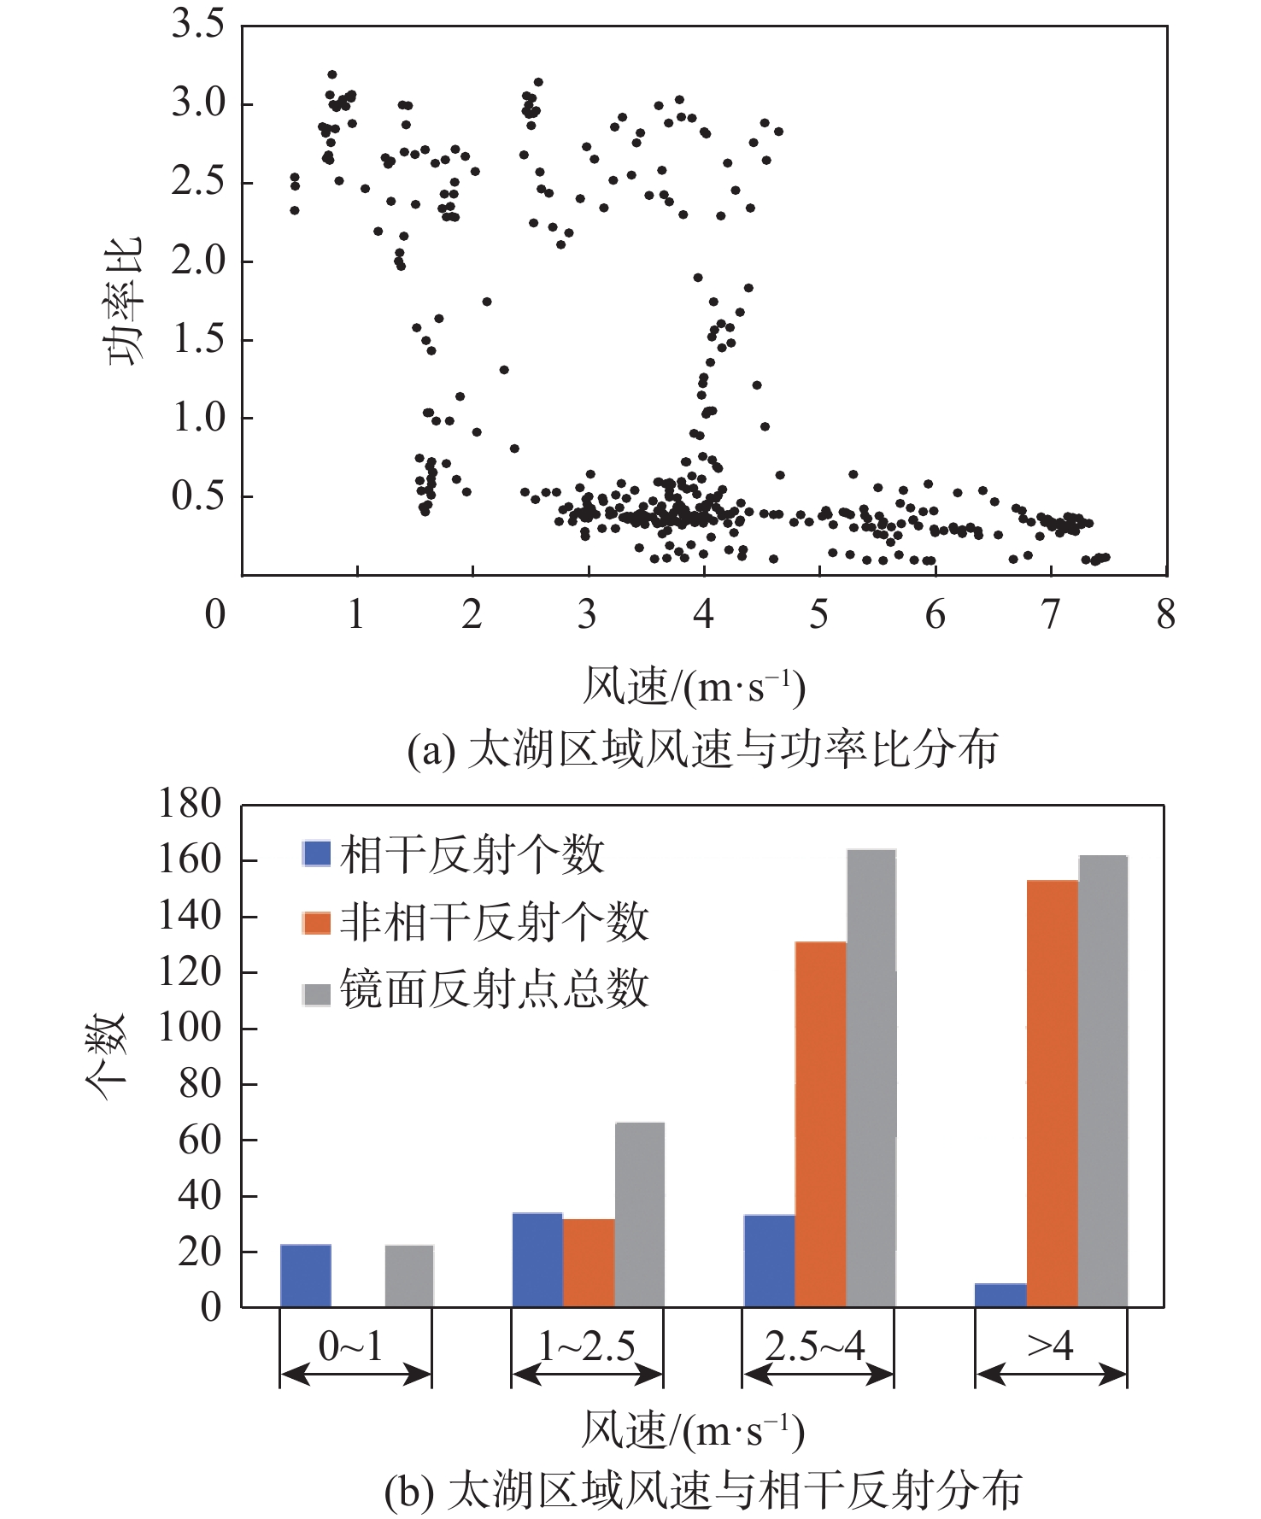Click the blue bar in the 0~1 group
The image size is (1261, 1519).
(305, 1276)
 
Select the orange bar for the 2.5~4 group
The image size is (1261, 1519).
(820, 1124)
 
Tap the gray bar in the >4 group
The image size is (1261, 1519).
(1103, 1081)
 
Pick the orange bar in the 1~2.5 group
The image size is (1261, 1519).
(589, 1263)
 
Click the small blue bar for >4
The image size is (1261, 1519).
(1000, 1295)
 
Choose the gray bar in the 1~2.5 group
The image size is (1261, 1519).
(639, 1215)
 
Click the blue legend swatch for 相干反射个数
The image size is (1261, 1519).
(317, 853)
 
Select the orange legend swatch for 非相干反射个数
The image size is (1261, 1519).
(317, 923)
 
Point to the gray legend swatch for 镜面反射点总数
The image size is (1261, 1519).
(317, 994)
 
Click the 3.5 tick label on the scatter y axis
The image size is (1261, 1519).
(197, 24)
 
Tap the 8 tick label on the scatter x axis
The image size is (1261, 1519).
(1165, 614)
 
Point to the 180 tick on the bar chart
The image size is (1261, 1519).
(190, 804)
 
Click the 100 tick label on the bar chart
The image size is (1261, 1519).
(190, 1028)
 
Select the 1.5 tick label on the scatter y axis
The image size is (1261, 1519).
(197, 339)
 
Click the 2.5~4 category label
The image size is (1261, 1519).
(816, 1346)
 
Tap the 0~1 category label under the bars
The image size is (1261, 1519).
(351, 1346)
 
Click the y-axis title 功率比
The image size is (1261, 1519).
(125, 301)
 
